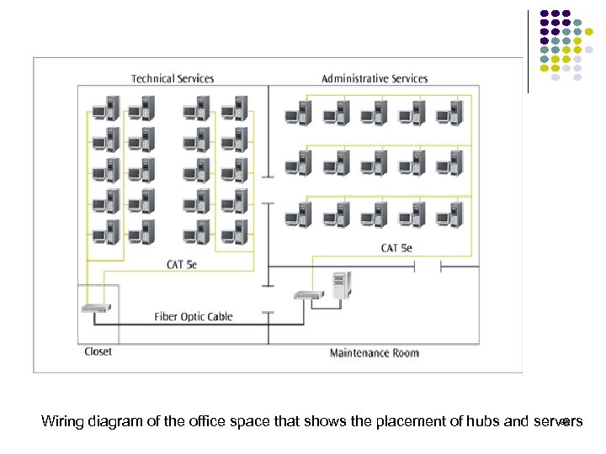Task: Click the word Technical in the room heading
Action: pos(152,79)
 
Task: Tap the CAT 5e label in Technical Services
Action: pos(182,265)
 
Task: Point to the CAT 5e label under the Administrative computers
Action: pos(396,248)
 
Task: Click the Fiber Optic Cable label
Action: pos(194,317)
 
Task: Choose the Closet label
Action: pos(98,351)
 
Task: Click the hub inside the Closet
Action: pos(95,308)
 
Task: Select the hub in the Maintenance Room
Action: pos(308,294)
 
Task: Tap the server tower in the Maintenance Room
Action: pos(340,286)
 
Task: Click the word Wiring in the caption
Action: pos(62,421)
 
